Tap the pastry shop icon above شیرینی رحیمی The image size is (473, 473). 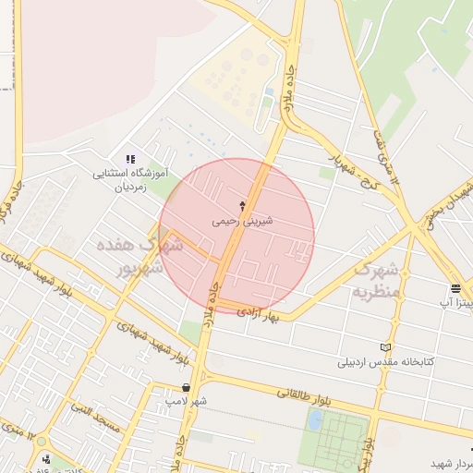click(243, 205)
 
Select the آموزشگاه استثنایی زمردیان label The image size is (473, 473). click(130, 178)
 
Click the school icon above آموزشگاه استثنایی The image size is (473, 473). click(130, 160)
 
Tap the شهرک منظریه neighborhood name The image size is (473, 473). click(375, 281)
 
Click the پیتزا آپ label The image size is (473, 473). click(455, 302)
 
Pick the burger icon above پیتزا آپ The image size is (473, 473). click(456, 288)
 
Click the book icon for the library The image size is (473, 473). click(385, 347)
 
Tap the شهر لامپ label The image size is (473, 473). click(186, 401)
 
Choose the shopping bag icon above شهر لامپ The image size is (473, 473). click(187, 388)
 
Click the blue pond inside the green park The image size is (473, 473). click(316, 420)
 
